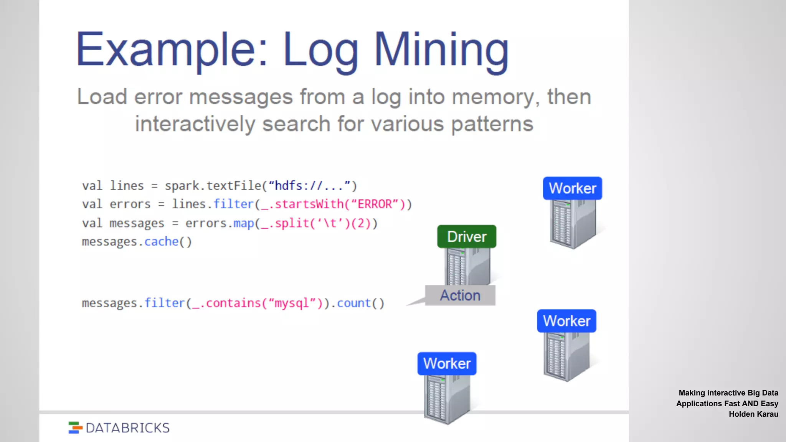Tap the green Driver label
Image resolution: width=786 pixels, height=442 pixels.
point(467,237)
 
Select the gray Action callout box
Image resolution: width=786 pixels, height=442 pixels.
point(460,295)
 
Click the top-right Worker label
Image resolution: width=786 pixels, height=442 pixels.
point(572,188)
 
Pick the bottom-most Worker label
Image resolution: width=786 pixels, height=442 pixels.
point(447,363)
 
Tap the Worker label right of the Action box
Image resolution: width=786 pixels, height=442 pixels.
point(566,321)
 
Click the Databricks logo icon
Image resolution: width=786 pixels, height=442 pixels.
point(75,427)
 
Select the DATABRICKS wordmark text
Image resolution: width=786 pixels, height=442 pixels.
point(128,428)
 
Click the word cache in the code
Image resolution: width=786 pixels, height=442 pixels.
point(162,242)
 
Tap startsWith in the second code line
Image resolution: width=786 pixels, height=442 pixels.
point(309,204)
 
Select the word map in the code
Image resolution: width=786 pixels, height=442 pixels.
point(244,223)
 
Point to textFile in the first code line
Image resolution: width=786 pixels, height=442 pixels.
point(234,186)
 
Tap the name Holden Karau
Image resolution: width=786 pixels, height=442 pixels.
point(753,414)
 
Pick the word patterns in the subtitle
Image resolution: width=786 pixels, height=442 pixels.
point(492,124)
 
